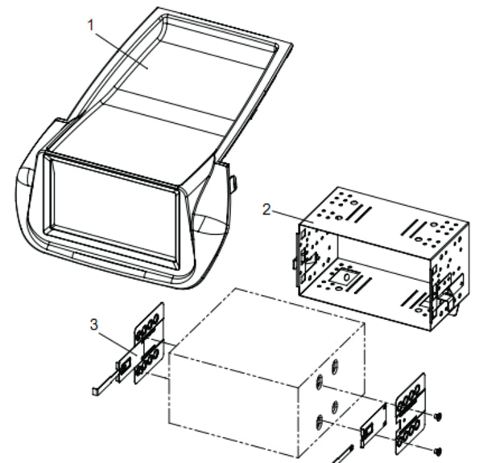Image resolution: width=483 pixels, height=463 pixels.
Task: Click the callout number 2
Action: pos(266,210)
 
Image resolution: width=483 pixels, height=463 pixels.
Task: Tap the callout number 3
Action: pos(94,325)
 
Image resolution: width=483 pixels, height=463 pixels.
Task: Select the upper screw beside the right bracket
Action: pos(437,416)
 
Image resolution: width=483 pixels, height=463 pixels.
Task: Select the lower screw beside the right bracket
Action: pos(438,448)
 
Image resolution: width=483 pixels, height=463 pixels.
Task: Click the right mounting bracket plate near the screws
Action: pos(410,414)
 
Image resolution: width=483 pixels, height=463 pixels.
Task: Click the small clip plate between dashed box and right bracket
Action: pos(373,424)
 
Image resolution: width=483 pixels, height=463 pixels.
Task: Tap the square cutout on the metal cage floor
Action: pos(347,277)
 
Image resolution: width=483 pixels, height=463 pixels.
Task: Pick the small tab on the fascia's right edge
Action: pos(233,183)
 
